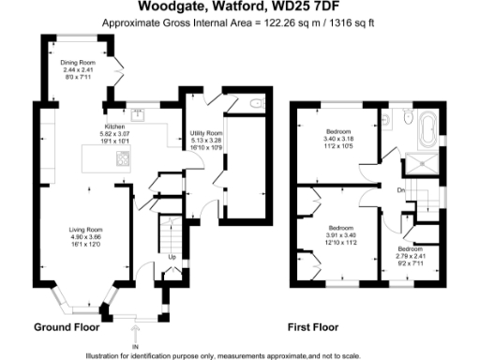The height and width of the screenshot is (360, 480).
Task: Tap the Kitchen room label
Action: click(115, 124)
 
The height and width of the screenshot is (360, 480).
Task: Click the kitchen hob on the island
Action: click(122, 159)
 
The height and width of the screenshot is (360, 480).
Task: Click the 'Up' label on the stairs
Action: click(171, 256)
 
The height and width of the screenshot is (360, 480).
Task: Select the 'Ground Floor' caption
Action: click(67, 327)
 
